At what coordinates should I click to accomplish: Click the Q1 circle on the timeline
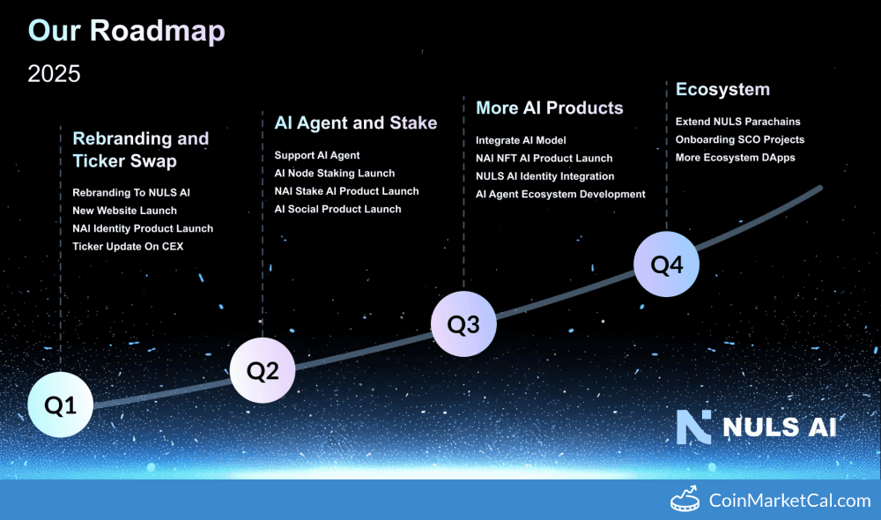pos(60,405)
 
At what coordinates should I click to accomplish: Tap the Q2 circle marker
pos(263,371)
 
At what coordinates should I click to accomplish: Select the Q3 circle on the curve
pos(463,324)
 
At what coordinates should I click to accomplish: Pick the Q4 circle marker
pos(667,264)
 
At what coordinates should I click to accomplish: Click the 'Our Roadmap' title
pos(126,31)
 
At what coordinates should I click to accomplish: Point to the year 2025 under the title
pos(54,74)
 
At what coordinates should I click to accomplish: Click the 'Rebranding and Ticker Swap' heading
pos(140,150)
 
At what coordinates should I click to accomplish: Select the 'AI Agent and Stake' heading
pos(355,123)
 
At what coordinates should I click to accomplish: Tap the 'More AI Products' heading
pos(549,108)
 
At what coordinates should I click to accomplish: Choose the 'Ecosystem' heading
pos(722,89)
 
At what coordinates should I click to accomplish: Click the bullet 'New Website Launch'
pos(124,211)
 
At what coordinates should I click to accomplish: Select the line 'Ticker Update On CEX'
pos(128,247)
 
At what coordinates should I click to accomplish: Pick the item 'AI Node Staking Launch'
pos(334,174)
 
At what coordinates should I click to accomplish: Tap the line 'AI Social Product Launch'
pos(337,209)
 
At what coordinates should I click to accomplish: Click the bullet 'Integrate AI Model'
pos(521,140)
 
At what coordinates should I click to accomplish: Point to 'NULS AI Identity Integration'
pos(544,176)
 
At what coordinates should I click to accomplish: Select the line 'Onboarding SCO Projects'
pos(739,139)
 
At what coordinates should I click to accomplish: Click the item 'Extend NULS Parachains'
pos(737,122)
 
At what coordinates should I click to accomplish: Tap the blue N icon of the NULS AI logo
pos(693,427)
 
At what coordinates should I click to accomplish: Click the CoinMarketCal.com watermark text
pos(789,501)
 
